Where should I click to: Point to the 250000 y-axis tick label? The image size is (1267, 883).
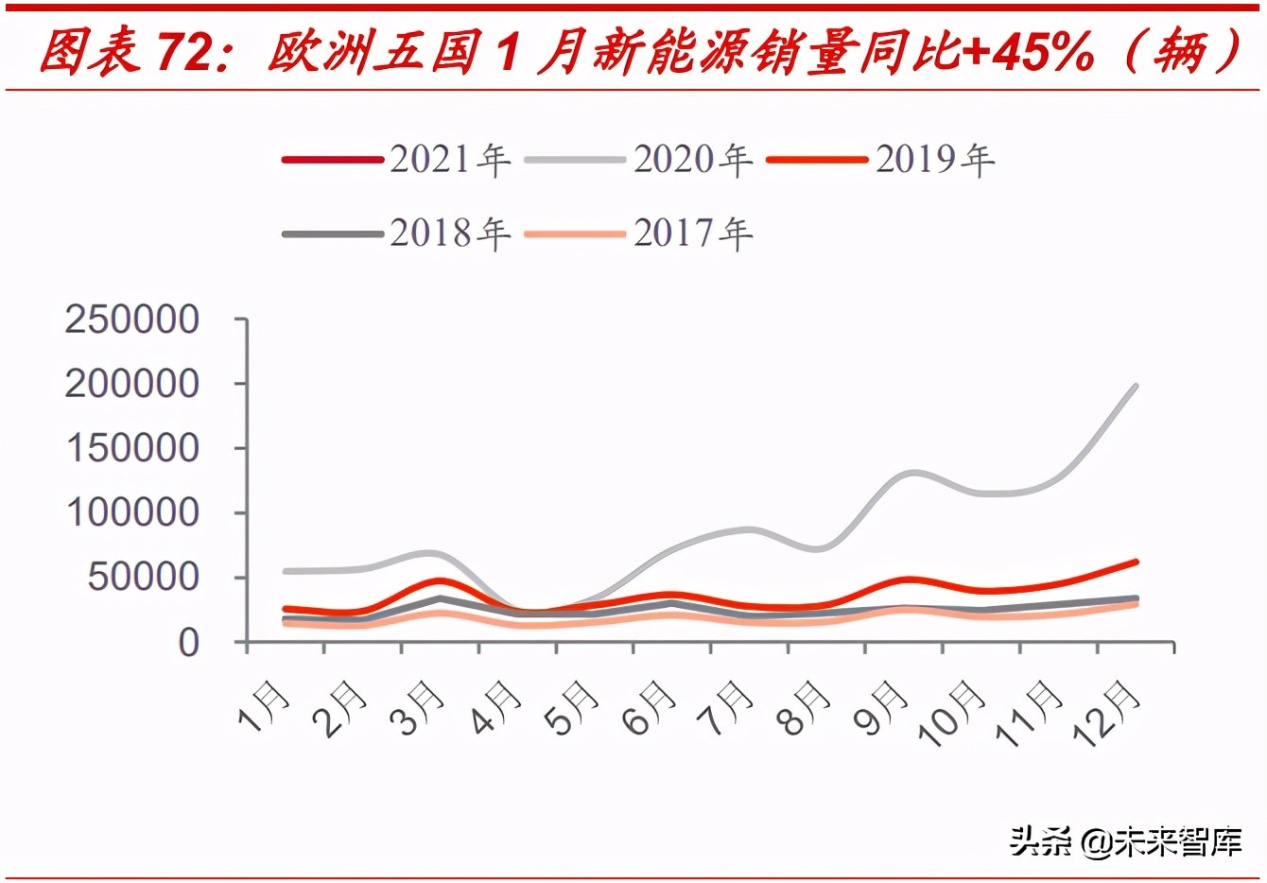(132, 320)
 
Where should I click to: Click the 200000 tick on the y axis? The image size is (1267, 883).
(132, 384)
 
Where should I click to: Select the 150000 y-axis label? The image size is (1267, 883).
(132, 448)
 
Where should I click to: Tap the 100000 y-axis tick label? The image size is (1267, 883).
(132, 512)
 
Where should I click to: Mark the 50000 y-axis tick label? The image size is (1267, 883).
(144, 577)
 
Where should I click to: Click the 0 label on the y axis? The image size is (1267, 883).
(189, 643)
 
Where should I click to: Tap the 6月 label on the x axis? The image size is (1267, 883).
(650, 708)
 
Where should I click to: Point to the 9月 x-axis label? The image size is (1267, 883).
(880, 708)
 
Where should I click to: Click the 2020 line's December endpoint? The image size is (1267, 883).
(1136, 386)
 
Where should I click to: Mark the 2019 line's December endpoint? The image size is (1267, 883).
(1136, 562)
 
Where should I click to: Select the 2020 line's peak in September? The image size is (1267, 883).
(911, 472)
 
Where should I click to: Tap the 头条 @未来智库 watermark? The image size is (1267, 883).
(1125, 840)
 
